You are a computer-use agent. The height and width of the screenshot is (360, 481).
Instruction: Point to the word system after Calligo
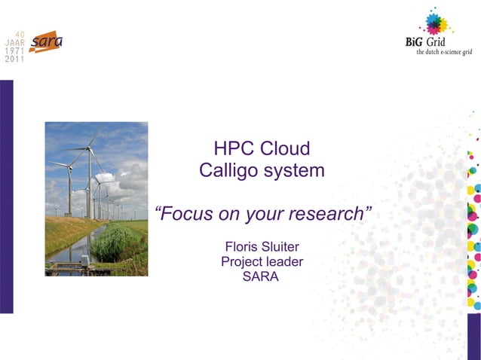(x=294, y=171)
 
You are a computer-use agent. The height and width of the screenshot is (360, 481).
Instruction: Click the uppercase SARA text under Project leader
(x=262, y=276)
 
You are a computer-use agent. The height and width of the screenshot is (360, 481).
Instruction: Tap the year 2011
(x=14, y=59)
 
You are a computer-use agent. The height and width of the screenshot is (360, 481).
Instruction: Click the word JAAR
(x=14, y=43)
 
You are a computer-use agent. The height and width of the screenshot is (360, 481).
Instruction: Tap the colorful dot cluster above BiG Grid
(x=435, y=22)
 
